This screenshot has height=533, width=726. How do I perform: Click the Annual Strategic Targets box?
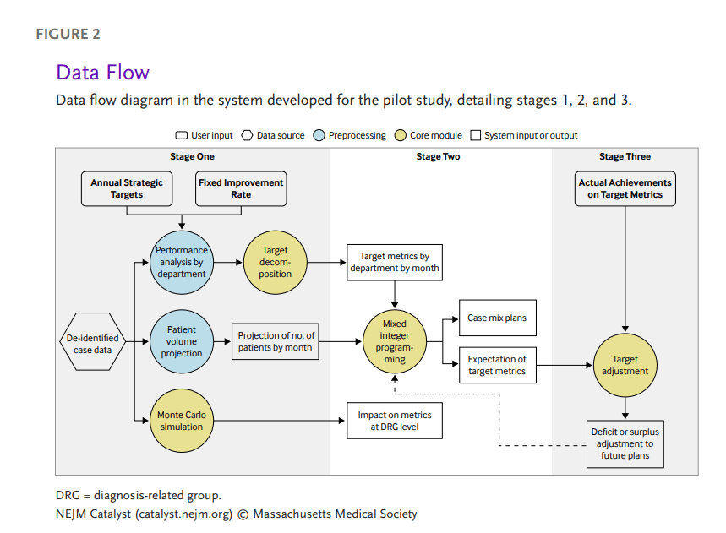127,188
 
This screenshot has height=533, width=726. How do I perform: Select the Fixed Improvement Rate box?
241,188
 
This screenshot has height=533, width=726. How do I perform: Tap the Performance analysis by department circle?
182,262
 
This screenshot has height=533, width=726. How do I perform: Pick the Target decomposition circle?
275,262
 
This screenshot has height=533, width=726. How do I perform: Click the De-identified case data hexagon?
92,344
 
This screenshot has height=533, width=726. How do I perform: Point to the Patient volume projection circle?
182,341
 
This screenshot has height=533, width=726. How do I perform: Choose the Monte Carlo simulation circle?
182,420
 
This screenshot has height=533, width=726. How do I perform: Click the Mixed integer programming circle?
394,341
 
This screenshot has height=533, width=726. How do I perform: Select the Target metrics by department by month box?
395,262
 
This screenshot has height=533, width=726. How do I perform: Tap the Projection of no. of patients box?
276,341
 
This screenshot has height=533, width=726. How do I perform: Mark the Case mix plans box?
497,318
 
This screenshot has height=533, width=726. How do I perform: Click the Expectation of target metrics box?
497,365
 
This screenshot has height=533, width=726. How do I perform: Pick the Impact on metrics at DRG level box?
395,421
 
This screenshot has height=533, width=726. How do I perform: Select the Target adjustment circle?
625,365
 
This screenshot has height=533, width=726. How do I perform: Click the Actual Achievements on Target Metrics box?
625,188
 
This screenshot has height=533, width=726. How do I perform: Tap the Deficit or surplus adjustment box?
625,443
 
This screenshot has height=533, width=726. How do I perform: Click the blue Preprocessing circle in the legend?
319,135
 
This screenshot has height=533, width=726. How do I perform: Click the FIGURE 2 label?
68,34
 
